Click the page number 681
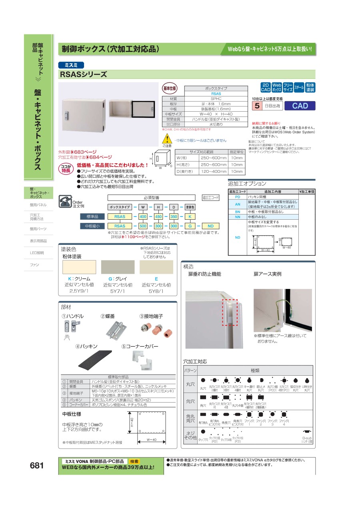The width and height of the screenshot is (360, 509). [37, 465]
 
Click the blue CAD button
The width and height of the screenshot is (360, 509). [300, 106]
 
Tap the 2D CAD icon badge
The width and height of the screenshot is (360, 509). [265, 88]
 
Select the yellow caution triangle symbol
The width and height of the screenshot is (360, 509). [166, 140]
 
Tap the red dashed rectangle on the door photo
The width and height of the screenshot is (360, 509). [230, 312]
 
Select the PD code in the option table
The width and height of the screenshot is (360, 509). [237, 197]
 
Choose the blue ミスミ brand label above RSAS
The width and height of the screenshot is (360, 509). [71, 65]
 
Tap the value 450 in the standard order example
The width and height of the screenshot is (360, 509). [158, 216]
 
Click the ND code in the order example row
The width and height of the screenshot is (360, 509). [210, 226]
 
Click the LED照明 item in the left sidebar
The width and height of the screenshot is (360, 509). [37, 253]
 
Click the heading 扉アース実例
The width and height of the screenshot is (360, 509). [267, 274]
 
